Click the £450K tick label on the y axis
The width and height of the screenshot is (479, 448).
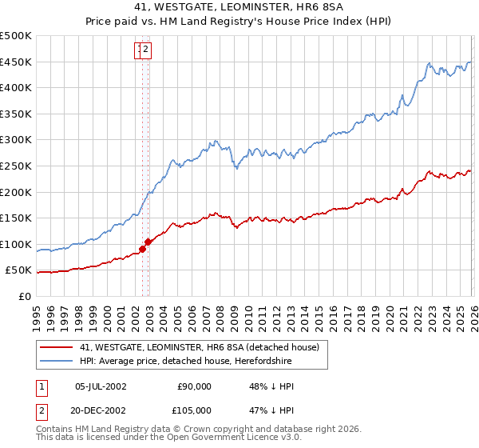16,62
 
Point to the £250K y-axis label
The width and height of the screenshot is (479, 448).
16,166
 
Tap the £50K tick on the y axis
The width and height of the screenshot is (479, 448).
19,270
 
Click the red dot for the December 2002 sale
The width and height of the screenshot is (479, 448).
148,242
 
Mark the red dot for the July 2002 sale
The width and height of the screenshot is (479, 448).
142,249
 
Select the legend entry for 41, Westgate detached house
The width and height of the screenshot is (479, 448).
200,347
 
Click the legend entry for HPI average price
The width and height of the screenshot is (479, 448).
185,362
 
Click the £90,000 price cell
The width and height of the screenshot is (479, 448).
192,386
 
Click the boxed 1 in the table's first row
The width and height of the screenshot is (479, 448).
41,386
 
